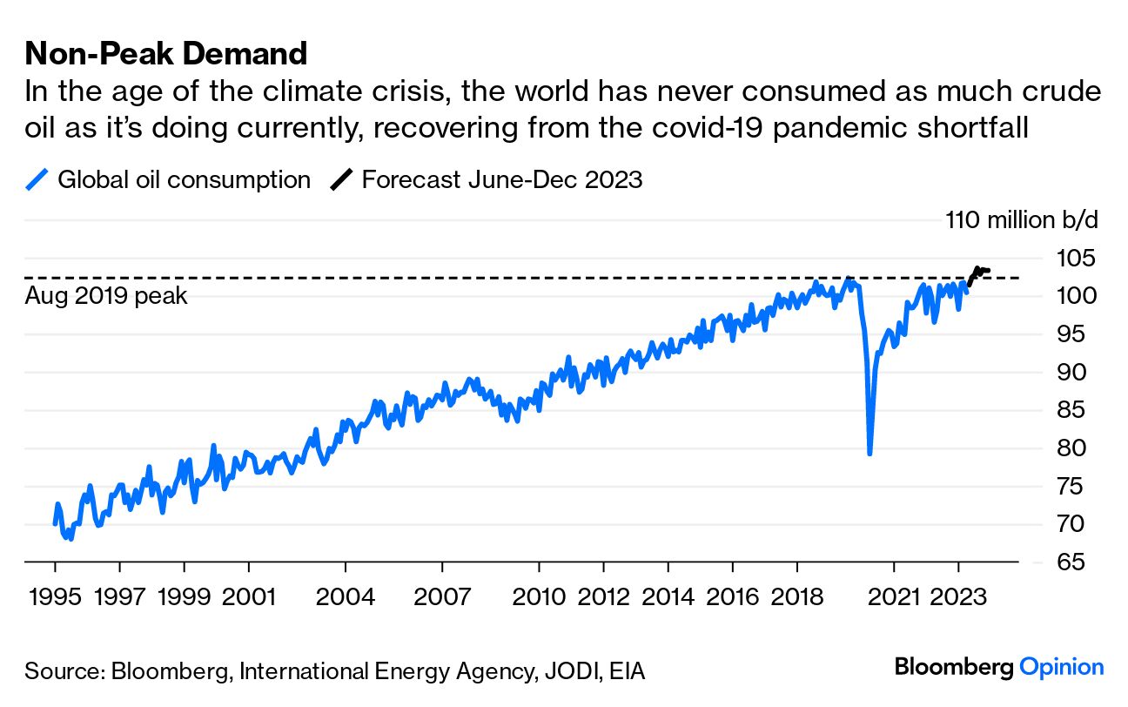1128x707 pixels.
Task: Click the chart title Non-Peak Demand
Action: point(166,54)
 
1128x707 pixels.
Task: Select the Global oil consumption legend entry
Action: point(169,180)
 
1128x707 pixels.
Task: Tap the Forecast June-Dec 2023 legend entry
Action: point(487,180)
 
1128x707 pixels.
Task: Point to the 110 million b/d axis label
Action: point(1022,219)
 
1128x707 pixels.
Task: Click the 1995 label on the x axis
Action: point(55,598)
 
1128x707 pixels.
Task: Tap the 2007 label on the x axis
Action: point(442,598)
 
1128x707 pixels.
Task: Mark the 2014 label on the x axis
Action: point(668,598)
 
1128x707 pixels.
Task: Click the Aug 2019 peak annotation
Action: point(106,296)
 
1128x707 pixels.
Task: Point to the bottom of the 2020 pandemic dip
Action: point(870,453)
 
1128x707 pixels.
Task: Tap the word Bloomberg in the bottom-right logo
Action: point(954,668)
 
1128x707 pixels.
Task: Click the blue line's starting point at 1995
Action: point(55,523)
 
